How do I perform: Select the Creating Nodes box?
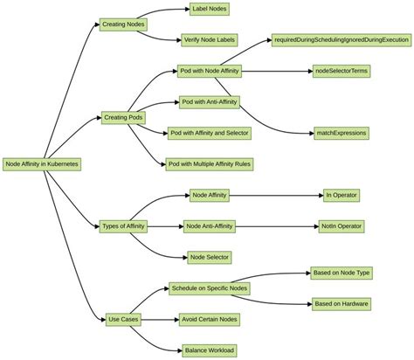123,24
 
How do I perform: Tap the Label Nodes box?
210,9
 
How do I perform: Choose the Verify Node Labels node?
210,39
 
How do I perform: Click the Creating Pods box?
123,117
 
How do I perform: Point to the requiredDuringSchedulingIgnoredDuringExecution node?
340,39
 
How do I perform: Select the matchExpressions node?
341,133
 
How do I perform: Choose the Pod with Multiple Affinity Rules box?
210,163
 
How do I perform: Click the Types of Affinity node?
123,226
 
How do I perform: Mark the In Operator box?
341,195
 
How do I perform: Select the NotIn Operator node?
341,226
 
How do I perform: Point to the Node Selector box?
210,257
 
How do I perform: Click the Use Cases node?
123,319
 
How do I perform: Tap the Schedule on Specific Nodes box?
210,288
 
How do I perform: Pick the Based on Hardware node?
341,303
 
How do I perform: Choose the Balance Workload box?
210,350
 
